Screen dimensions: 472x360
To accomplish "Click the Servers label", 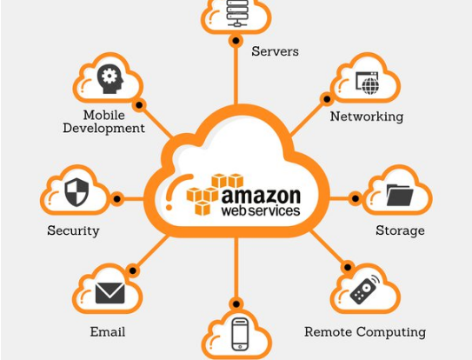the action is coord(275,51).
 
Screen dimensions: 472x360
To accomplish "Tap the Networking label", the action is coord(367,117).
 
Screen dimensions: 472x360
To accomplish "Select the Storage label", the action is coord(400,230).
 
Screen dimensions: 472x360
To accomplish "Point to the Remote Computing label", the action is coord(365,332).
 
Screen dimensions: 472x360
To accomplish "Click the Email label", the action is coord(108,332).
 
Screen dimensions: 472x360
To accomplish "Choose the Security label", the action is coord(73,231).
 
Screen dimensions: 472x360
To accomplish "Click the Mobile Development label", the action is coord(103,122).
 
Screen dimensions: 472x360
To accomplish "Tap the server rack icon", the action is coord(237,13).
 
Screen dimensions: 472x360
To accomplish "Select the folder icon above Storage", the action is coord(400,195).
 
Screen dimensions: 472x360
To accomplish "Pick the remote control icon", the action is coord(364,290).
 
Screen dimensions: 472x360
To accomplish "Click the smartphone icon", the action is coord(240,335).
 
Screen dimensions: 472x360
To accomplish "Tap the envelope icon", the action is coord(110,293).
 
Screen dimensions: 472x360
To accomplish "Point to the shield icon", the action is coord(76,192).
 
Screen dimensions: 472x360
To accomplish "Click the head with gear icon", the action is coord(110,78).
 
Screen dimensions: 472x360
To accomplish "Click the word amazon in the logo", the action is coord(261,196).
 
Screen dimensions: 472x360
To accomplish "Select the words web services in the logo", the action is coord(261,210).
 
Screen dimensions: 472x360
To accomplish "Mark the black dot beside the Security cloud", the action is coord(116,199).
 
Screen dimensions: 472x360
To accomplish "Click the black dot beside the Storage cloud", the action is coord(356,199).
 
